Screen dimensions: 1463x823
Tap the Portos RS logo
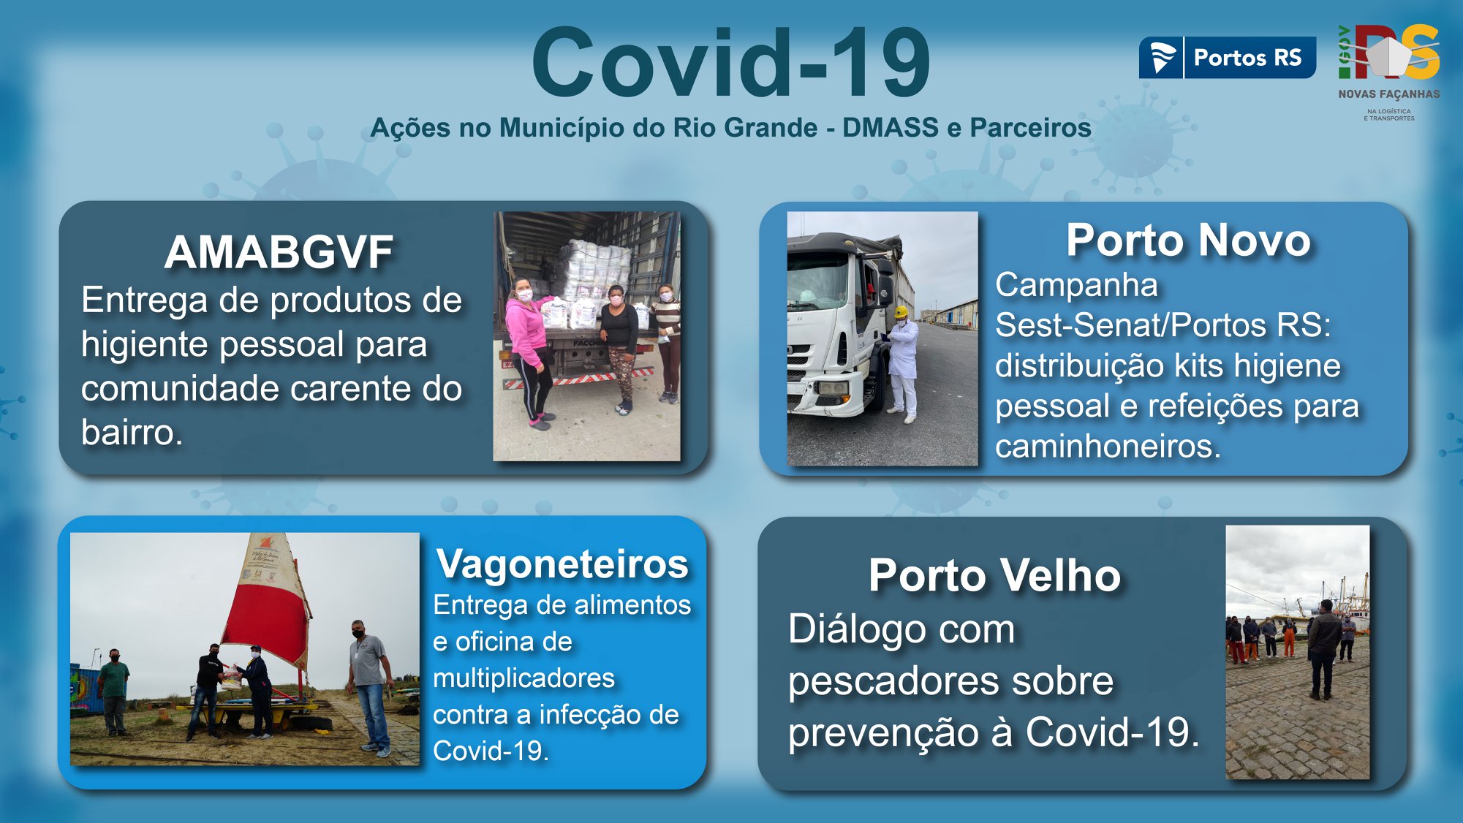pos(1227,58)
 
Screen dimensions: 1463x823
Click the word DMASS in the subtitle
pos(890,127)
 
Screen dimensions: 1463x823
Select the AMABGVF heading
pos(279,252)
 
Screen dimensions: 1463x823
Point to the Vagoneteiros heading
pos(562,564)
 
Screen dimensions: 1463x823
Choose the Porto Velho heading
pos(994,575)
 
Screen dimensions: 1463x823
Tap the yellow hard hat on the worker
pos(901,312)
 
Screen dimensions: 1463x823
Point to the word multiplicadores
pos(523,678)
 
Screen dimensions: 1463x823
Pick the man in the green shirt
pos(114,690)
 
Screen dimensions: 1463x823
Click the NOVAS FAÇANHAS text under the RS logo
pos(1389,94)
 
